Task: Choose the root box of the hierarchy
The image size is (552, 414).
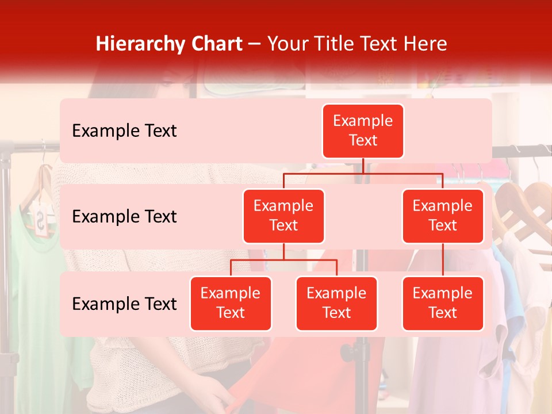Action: click(363, 131)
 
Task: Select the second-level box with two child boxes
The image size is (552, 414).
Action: click(283, 216)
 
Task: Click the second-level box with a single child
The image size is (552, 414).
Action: click(443, 216)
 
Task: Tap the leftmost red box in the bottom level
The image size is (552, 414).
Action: click(231, 304)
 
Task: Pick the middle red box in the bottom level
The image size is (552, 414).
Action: click(336, 304)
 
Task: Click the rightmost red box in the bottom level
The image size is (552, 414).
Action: click(443, 304)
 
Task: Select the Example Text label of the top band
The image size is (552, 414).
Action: click(124, 131)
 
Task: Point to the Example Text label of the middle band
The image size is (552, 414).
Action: click(124, 217)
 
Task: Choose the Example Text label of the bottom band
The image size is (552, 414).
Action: click(124, 304)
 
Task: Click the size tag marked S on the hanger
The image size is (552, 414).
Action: click(40, 221)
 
